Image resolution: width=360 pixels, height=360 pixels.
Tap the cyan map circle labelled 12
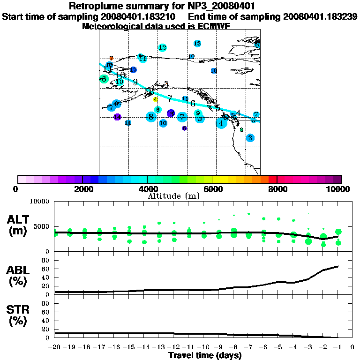(x=163, y=47)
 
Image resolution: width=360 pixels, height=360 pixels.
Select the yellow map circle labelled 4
(x=155, y=99)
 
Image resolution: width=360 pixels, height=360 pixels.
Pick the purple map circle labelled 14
(x=117, y=117)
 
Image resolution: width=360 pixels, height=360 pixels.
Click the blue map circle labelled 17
(x=133, y=70)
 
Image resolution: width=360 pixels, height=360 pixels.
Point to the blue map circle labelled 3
(x=250, y=138)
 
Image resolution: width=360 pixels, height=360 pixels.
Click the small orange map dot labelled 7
(x=111, y=58)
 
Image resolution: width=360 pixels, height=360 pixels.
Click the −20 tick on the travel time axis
(x=55, y=347)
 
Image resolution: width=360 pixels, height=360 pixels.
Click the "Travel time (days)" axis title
(x=204, y=355)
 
